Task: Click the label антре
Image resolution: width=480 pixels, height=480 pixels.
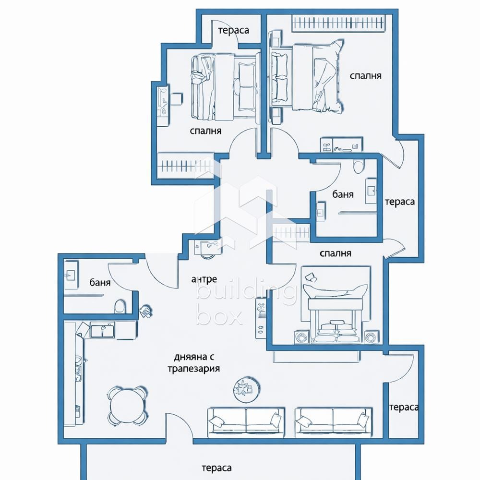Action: (x=204, y=279)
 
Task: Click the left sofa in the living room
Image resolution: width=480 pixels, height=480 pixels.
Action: (x=245, y=421)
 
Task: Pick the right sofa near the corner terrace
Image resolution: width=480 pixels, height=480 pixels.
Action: (x=334, y=421)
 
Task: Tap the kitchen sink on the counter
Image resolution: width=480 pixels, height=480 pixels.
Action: (x=102, y=330)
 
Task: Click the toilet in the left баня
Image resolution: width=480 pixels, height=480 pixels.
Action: (x=120, y=307)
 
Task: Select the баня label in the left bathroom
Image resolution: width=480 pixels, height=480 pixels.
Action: (x=100, y=283)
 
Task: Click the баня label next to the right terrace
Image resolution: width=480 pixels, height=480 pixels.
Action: (x=343, y=194)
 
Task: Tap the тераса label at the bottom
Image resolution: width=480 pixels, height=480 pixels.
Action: (x=216, y=468)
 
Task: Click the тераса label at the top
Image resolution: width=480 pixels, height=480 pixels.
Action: (x=233, y=31)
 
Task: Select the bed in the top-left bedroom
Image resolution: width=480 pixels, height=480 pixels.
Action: (x=224, y=86)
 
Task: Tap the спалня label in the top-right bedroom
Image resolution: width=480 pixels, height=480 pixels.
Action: (x=365, y=75)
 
